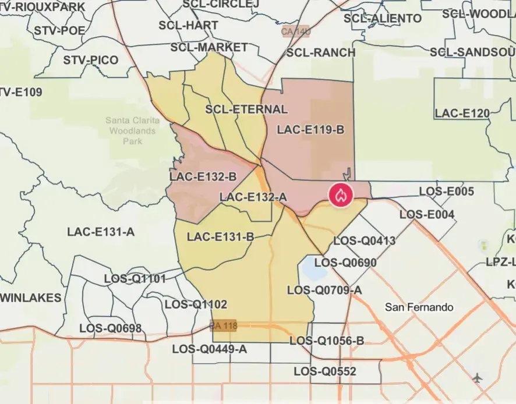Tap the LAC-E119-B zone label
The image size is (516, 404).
pyautogui.click(x=310, y=129)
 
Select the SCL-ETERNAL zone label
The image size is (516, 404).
pyautogui.click(x=246, y=109)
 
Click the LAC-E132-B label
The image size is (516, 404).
pyautogui.click(x=203, y=176)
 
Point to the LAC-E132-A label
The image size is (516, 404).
pyautogui.click(x=253, y=197)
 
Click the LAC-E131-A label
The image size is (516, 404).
pyautogui.click(x=101, y=232)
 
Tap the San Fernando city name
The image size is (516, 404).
pyautogui.click(x=419, y=307)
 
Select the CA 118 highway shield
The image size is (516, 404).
pyautogui.click(x=224, y=326)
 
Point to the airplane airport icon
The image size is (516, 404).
pyautogui.click(x=478, y=377)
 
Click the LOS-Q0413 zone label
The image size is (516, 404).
pyautogui.click(x=364, y=240)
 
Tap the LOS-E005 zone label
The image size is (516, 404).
pyautogui.click(x=447, y=191)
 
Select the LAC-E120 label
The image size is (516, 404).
pyautogui.click(x=462, y=113)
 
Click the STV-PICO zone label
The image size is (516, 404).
pyautogui.click(x=90, y=60)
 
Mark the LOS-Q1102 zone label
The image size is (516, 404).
pyautogui.click(x=196, y=304)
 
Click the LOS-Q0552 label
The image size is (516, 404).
pyautogui.click(x=324, y=371)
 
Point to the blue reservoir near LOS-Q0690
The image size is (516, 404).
pyautogui.click(x=312, y=268)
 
